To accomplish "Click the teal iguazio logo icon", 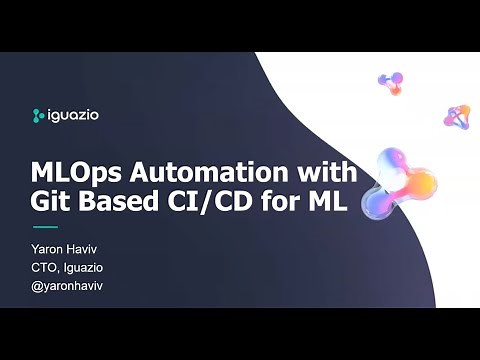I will [38, 114].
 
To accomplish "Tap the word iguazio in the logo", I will [73, 114].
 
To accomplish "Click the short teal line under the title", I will [48, 227].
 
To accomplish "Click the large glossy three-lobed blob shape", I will [399, 180].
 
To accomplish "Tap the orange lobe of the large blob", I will [421, 184].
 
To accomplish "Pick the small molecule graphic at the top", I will [390, 81].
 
